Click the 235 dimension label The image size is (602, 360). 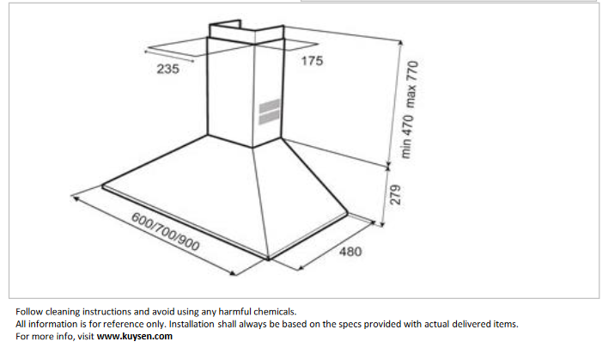167,69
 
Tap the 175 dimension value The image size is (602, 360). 312,61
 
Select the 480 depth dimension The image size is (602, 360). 350,252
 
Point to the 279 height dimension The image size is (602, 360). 395,195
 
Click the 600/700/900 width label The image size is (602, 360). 166,232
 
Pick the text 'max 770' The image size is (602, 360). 411,84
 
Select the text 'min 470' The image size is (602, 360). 407,137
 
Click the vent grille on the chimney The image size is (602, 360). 269,112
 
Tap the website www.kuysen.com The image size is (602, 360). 134,336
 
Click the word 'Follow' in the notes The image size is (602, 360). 29,311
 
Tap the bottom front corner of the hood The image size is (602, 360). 268,258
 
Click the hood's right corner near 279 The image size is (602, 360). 347,213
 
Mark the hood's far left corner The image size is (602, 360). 102,186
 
